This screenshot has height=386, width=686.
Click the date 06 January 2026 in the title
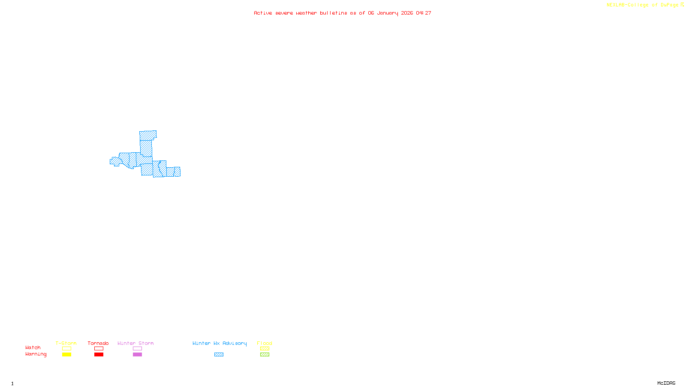[390, 13]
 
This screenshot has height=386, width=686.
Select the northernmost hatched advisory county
[147, 136]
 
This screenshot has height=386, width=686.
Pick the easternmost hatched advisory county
[177, 172]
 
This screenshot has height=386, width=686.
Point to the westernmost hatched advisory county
[115, 161]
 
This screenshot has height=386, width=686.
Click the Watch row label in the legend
[33, 347]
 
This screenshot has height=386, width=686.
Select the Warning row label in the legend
[36, 354]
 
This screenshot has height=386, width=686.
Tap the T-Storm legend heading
[66, 343]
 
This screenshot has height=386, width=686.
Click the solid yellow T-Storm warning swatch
[66, 355]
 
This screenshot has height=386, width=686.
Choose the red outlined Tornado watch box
[99, 349]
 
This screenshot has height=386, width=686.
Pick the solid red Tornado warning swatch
[99, 355]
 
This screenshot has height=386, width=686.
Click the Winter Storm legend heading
[135, 343]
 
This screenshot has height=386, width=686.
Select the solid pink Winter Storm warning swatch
[137, 355]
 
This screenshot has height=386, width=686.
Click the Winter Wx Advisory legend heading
[220, 343]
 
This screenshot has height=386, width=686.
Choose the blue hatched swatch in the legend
[219, 355]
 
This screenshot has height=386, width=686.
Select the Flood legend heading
[265, 343]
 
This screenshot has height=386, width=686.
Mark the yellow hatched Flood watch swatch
[265, 349]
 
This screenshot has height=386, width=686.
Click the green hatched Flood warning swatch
[265, 355]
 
